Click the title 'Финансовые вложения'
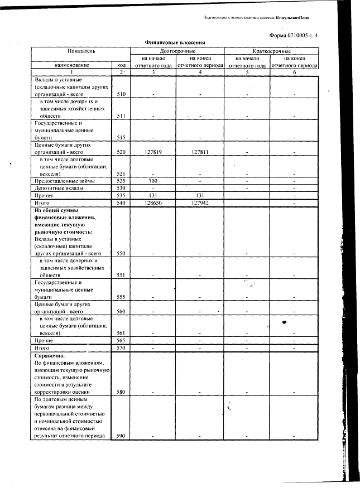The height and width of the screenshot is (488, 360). tap(175, 42)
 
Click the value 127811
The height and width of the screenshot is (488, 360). tap(199, 151)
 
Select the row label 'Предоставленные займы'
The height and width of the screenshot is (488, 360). tap(65, 181)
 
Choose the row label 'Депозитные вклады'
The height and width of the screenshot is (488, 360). tap(59, 189)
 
